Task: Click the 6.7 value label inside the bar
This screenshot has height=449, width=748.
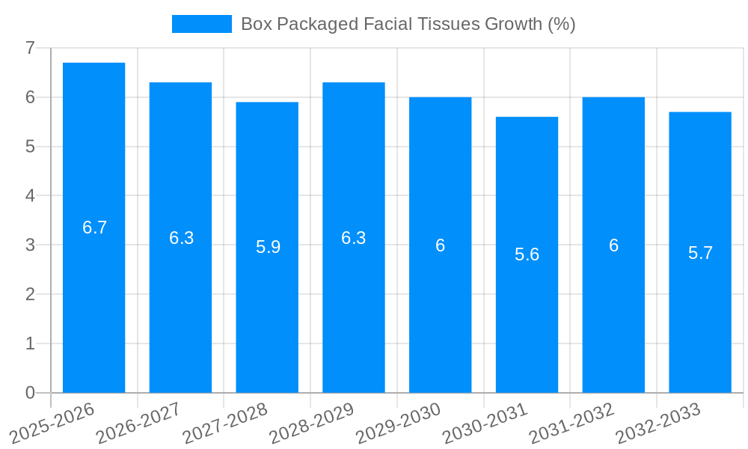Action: coord(95,228)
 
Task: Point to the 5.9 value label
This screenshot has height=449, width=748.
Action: coord(268,248)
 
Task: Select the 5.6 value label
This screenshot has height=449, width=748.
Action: coord(527,255)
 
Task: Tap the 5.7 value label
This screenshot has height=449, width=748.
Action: coord(700,253)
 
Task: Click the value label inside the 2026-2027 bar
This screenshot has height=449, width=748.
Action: coord(181,238)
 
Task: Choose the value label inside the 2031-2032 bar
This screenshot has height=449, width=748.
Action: coord(613,245)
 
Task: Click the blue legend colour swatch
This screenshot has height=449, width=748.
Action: coord(202,24)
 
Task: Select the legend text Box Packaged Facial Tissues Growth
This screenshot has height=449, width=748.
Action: coord(408,24)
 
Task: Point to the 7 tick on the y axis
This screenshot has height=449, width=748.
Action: coord(30,48)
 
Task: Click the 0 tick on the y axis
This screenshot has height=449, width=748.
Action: coord(30,393)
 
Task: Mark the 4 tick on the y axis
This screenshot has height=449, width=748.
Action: coord(30,196)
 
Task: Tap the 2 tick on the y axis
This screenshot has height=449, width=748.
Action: coord(30,294)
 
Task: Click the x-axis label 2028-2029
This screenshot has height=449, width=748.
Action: coord(311,424)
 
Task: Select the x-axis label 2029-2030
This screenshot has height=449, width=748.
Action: coord(398,424)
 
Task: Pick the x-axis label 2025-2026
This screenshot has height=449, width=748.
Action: coord(52,424)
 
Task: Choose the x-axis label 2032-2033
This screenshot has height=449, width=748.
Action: coord(657,424)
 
